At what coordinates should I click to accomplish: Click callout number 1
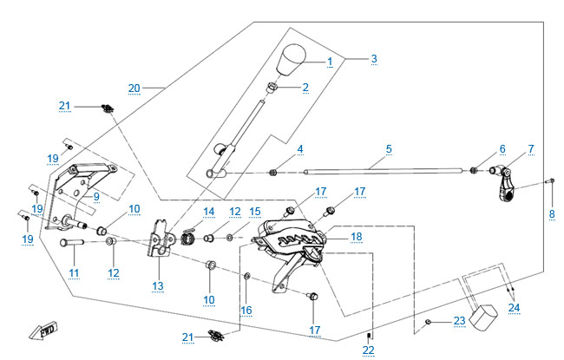330,62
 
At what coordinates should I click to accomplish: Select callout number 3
373,59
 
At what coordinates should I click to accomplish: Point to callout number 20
134,88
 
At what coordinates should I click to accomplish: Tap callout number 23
459,321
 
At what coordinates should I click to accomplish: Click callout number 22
369,350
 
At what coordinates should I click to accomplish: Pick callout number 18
356,237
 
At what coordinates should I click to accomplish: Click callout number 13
157,285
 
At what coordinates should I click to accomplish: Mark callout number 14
208,212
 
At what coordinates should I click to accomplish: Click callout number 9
95,196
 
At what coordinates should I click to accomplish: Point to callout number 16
246,310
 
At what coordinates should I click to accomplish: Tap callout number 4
300,149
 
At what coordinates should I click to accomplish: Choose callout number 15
254,212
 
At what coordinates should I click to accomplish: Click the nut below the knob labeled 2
272,88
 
